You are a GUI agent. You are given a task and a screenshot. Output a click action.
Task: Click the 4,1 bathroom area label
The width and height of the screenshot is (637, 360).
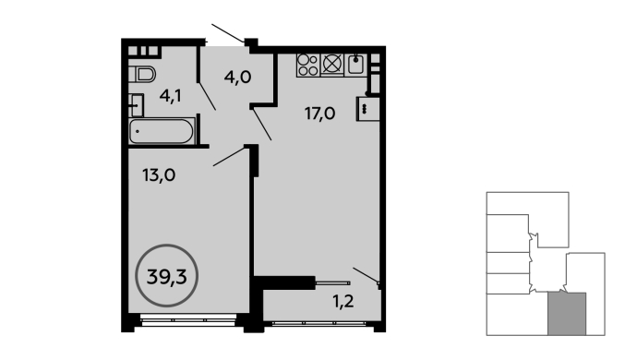[170, 96]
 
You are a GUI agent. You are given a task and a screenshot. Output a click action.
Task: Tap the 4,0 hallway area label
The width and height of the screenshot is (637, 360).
[237, 77]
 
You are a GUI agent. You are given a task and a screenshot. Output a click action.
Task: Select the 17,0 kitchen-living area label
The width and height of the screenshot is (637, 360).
[319, 114]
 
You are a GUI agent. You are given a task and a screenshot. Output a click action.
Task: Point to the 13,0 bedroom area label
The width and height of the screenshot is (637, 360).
[159, 175]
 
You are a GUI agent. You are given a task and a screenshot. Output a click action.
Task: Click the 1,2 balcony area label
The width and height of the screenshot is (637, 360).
[343, 302]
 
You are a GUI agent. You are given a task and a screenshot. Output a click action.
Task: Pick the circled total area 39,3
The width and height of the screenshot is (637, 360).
[166, 276]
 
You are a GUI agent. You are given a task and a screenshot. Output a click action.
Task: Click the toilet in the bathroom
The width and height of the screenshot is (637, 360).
[142, 75]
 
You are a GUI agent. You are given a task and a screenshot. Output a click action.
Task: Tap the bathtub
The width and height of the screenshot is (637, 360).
[162, 131]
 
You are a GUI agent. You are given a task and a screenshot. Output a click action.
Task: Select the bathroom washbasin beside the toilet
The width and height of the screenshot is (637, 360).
[136, 105]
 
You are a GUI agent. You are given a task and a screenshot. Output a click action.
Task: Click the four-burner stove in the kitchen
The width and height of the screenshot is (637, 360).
[308, 65]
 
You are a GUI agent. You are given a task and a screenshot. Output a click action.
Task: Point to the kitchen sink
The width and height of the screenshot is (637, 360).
[355, 65]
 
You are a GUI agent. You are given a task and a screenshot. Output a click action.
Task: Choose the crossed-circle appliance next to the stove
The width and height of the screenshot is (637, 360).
[332, 65]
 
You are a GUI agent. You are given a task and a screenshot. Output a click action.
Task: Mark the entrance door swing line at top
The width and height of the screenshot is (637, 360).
[228, 33]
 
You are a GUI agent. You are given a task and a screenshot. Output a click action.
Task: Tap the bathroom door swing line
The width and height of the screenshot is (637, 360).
[207, 96]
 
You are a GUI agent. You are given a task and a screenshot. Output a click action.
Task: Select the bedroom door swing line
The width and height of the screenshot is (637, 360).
[230, 156]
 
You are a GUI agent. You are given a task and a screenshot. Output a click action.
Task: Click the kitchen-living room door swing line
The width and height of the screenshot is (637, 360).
[262, 125]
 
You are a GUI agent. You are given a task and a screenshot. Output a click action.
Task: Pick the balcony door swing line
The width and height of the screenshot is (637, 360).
[366, 275]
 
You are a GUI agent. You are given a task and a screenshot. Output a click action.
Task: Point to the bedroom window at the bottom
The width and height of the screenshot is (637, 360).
[188, 319]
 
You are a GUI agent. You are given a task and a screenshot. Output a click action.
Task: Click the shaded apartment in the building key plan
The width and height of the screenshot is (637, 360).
[567, 314]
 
